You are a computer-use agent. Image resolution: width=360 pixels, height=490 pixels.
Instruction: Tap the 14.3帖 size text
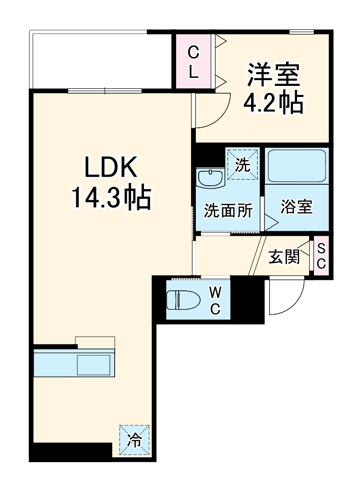point(111,197)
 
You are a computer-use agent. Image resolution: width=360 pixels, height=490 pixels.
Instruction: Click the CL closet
point(193,61)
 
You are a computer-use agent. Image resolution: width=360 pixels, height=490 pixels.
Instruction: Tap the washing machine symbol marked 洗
point(243,165)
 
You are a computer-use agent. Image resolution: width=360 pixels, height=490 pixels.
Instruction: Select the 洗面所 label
point(228,211)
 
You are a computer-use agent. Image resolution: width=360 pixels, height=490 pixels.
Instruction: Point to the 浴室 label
point(297,207)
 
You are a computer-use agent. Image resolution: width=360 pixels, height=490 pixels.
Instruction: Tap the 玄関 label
point(284,257)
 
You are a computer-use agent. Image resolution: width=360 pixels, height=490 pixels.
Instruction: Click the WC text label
point(215,300)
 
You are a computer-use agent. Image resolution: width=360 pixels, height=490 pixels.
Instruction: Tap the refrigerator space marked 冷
point(134,441)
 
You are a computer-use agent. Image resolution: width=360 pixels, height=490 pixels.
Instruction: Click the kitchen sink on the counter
point(94,365)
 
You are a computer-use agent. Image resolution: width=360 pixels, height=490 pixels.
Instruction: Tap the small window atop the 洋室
point(302,32)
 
